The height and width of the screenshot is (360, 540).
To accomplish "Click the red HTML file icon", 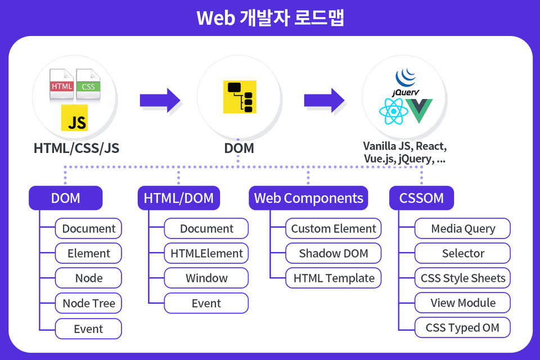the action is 62,84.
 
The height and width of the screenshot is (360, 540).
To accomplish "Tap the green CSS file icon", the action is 88,84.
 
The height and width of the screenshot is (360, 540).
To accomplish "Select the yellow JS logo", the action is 74,118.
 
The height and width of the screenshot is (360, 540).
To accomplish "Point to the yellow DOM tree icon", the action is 240,97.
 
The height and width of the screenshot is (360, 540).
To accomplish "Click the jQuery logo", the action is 406,82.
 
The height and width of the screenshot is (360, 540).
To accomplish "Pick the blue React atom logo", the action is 393,111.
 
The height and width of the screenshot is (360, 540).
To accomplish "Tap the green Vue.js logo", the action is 418,111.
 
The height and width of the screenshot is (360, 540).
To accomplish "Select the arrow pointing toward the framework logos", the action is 325,100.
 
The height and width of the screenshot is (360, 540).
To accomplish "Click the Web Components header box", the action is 308,198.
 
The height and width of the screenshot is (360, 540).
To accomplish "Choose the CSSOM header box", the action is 421,198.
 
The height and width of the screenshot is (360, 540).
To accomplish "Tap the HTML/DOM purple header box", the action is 179,198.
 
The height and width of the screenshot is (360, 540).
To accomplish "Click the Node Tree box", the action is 88,303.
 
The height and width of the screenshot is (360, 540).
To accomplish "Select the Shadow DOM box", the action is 334,253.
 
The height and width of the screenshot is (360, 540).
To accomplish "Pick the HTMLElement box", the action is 206,253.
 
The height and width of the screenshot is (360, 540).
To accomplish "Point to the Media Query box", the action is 462,228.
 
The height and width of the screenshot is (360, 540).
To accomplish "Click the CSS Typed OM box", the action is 462,327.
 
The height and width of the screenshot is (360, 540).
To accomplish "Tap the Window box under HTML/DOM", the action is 206,278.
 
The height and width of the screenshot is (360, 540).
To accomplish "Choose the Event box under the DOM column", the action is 88,328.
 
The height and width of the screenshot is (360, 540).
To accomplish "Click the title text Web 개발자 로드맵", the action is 271,18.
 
